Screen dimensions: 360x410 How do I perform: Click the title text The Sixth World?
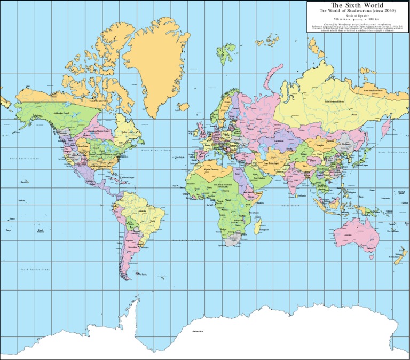click(357, 5)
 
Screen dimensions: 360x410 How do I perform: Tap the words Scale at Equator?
click(357, 16)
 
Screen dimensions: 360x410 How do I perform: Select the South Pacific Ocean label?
click(35, 270)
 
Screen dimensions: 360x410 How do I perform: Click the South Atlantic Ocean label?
click(187, 241)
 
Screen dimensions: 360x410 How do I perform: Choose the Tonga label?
click(8, 230)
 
